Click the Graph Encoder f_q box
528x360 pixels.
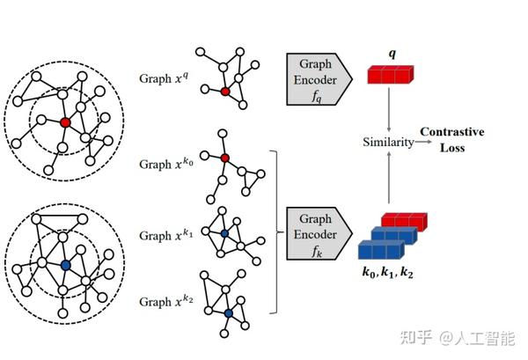point(319,79)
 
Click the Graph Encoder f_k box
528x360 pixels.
point(319,233)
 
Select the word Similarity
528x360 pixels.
point(388,142)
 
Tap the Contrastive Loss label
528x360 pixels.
point(452,139)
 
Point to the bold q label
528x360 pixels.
point(392,54)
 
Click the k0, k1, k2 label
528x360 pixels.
point(387,272)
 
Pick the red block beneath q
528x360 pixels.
point(390,75)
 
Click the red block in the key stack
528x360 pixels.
point(405,222)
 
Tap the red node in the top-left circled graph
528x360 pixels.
point(65,122)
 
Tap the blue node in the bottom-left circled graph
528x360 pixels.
point(66,265)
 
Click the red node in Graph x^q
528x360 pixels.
point(225,92)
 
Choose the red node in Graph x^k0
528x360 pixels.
point(225,158)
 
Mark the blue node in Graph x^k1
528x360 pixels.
point(224,233)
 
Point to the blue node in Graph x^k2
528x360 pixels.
point(229,313)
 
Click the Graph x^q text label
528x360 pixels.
point(164,77)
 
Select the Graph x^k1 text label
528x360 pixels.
point(166,234)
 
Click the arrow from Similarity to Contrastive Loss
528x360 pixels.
point(423,142)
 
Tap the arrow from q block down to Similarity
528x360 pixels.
point(389,110)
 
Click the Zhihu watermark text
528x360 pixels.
point(458,338)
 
